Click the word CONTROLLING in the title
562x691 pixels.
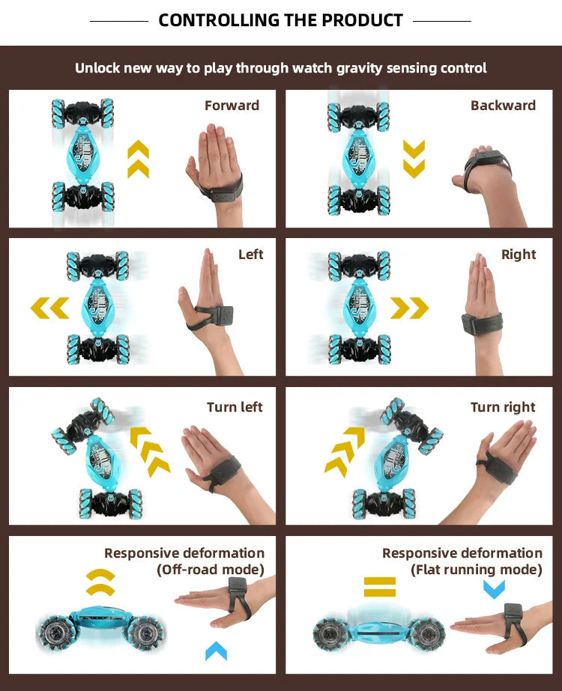217,20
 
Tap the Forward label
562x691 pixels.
232,106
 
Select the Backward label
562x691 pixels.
503,106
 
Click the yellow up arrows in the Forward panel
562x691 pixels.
138,159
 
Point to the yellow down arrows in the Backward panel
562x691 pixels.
414,159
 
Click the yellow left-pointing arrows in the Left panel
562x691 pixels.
50,307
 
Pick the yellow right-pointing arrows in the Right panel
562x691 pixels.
409,307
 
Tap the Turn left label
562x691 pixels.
235,407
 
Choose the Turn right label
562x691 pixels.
503,407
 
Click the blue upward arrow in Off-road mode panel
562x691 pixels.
216,651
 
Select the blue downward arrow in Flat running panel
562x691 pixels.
494,589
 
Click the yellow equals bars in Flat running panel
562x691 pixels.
379,585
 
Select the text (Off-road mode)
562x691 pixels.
211,570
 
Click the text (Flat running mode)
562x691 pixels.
476,570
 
